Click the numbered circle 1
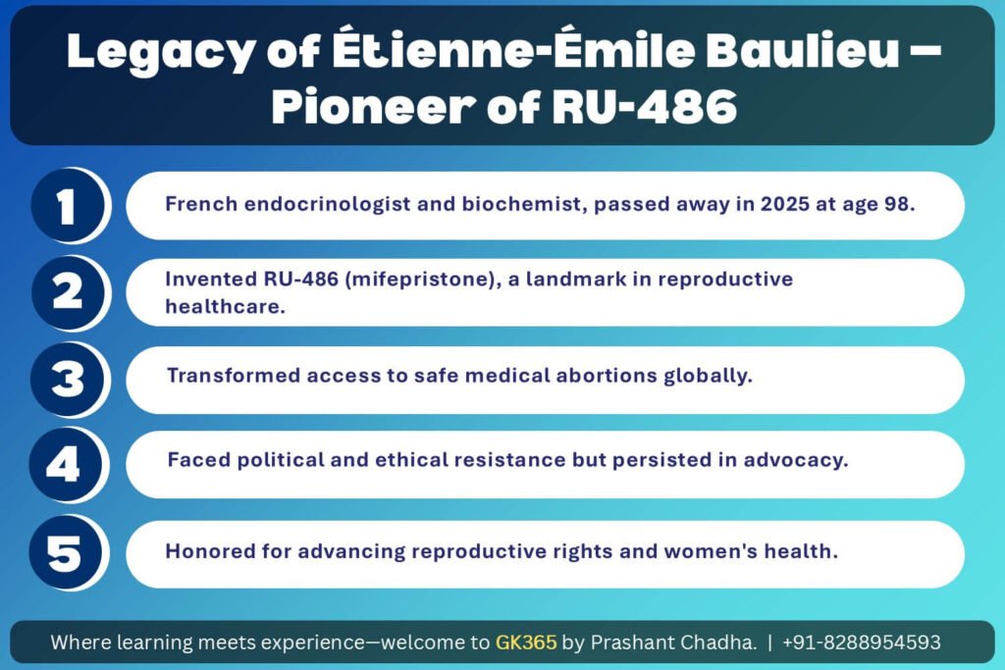click(x=68, y=206)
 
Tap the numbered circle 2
click(x=68, y=292)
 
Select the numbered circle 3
click(x=67, y=380)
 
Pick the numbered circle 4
click(x=66, y=464)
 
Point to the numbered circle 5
click(x=66, y=552)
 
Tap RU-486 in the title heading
click(x=645, y=106)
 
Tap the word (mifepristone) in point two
click(x=423, y=280)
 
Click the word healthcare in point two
click(x=225, y=306)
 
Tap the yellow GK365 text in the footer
click(x=526, y=642)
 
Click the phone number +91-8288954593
click(x=862, y=642)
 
